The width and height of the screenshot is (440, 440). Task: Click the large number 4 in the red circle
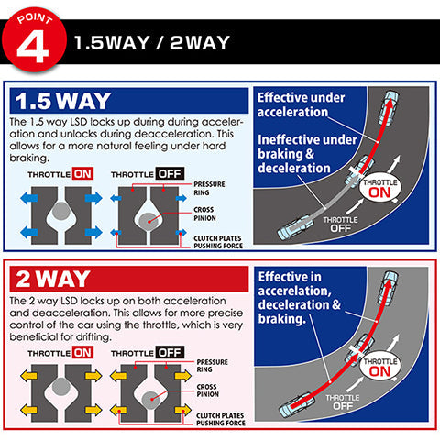point(33,47)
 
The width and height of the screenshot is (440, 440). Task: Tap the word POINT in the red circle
point(35,18)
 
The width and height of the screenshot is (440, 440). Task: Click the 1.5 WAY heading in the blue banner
point(63,101)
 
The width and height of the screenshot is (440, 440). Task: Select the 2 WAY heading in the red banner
point(53,279)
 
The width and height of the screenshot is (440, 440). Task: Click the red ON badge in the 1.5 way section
point(82,174)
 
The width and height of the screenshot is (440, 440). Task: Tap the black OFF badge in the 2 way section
point(170,352)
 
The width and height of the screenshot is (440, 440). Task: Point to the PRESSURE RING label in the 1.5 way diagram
point(209,189)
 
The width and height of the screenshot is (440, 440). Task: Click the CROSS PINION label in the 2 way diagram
point(208,390)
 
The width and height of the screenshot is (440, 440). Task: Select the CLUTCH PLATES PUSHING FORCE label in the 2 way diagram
point(221,419)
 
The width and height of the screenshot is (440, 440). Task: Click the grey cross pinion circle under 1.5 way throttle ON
point(61,211)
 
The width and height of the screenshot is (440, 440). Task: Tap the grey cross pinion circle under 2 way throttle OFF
point(151,400)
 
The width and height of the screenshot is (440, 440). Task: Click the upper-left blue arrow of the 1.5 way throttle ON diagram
point(29,199)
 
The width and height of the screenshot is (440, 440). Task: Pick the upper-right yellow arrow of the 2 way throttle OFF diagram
point(182,376)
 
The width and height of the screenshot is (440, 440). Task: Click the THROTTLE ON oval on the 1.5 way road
point(379,189)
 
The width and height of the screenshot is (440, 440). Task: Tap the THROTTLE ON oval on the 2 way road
point(380,368)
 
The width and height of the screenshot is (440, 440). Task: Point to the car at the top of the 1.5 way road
point(389,108)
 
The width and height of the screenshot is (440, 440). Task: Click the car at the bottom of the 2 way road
point(297,405)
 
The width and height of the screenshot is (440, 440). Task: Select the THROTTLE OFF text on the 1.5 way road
point(340,225)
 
